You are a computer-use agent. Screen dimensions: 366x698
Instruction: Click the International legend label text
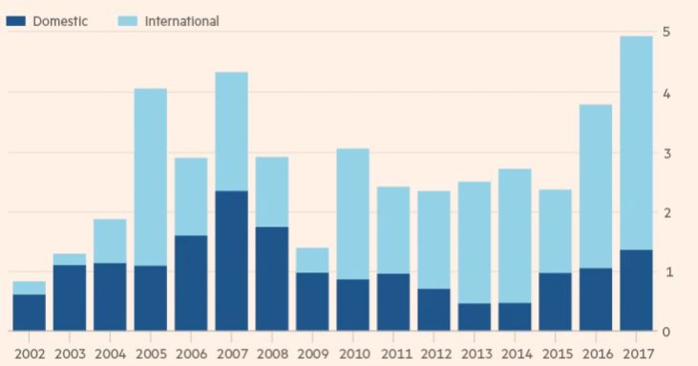tap(182, 21)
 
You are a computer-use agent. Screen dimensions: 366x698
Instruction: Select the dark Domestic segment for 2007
tap(231, 261)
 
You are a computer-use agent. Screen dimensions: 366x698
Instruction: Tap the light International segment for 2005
tap(150, 177)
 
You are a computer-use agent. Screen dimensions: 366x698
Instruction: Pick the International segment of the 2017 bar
tap(636, 143)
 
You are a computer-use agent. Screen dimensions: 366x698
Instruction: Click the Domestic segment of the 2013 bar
tap(474, 317)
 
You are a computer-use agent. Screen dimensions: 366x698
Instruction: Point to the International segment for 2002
tap(29, 288)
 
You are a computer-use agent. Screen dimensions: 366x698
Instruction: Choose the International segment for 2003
tap(69, 259)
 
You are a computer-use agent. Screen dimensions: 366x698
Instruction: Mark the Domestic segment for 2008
tap(272, 279)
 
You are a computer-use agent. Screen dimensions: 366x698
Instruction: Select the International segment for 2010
tap(353, 214)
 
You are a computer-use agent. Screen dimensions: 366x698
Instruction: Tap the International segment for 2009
tap(312, 260)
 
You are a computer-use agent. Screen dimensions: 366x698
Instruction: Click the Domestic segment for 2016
tap(595, 300)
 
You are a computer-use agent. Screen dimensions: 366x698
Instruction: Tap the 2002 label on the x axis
tap(29, 354)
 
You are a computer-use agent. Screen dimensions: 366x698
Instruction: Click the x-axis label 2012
tap(433, 354)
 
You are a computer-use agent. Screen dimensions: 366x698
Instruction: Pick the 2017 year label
tap(636, 354)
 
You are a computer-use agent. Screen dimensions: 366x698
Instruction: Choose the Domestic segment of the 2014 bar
tap(514, 316)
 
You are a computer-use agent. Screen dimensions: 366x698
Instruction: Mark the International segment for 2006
tap(191, 196)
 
